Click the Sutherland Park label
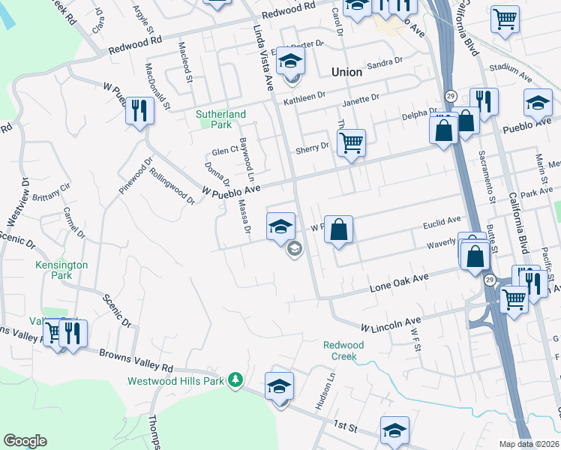coord(220,119)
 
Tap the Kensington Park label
coord(61,270)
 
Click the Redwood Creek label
coord(343,351)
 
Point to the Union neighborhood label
coord(346,73)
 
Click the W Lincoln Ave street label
coord(391,325)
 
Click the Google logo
coord(25,441)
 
